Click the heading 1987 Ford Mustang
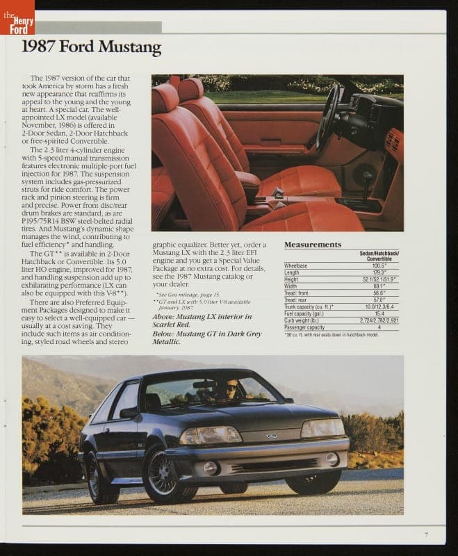(91, 47)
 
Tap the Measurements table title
(312, 245)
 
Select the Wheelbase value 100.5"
(379, 265)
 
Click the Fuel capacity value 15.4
(379, 313)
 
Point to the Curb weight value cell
(379, 320)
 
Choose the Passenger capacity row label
(304, 327)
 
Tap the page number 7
(425, 534)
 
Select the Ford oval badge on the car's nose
(272, 436)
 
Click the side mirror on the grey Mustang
(129, 412)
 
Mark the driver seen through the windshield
(229, 389)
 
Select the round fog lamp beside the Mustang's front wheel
(211, 468)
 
